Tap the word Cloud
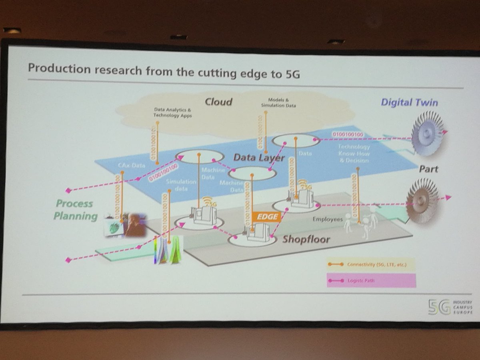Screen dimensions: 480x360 [218, 102]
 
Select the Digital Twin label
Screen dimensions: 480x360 [409, 102]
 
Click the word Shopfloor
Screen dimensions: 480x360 [306, 239]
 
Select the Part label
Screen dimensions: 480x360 [428, 169]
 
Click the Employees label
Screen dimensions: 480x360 [328, 220]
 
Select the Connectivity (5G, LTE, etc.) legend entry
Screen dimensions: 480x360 [370, 265]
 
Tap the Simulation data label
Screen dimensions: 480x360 [181, 184]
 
